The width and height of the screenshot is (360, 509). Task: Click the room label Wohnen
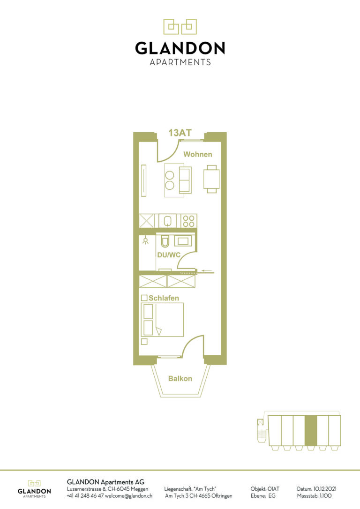point(198,155)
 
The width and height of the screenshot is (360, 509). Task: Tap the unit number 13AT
point(180,133)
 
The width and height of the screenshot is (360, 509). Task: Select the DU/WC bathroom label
point(169,255)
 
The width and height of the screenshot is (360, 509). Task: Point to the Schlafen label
point(164,298)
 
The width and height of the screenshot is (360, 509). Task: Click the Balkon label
point(180,379)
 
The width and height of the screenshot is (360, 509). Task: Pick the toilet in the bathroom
point(165,241)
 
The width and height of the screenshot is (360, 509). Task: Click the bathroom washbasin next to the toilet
point(183,241)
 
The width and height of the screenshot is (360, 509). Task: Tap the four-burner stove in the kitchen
point(188,221)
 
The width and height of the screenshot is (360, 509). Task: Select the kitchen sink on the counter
point(167,221)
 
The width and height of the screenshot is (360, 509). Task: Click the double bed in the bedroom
point(162,320)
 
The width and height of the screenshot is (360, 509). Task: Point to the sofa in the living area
point(185,180)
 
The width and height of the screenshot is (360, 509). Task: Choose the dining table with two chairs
point(212,179)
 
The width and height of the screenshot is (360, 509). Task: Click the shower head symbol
point(145,240)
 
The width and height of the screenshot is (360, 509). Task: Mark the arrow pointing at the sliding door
point(207,270)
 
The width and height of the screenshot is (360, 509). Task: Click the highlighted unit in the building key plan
point(311,430)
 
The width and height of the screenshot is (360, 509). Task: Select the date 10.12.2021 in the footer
point(325,488)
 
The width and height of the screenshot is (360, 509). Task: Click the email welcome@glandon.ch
point(128,496)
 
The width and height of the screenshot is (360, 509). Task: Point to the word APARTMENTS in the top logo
point(180,62)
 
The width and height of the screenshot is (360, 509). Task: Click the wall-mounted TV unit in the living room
point(143,180)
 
